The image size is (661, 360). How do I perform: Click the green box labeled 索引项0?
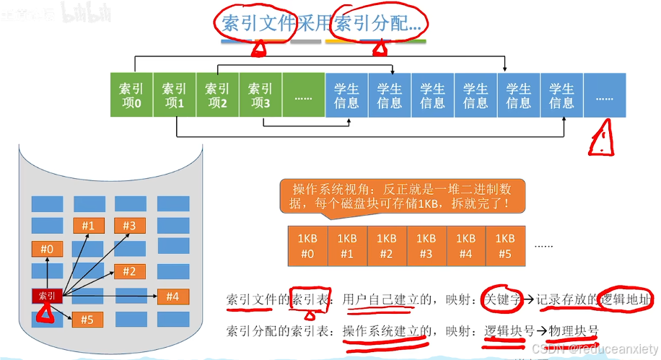(131, 95)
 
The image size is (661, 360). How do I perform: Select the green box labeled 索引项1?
(174, 95)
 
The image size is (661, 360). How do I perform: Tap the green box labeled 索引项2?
(217, 95)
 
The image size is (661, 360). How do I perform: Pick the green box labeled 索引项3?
(260, 95)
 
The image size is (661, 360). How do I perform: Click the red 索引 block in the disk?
(47, 296)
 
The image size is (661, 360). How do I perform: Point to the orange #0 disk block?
(47, 250)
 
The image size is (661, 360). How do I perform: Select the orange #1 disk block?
(88, 226)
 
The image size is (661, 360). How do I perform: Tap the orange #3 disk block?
(129, 226)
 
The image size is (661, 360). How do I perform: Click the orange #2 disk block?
(129, 271)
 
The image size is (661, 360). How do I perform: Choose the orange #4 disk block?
(172, 296)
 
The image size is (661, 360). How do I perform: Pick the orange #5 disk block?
(87, 319)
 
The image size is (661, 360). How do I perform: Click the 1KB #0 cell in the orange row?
(307, 245)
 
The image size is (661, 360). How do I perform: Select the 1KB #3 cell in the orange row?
(426, 245)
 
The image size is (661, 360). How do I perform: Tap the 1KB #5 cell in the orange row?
(505, 245)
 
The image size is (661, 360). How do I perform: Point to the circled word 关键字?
(502, 299)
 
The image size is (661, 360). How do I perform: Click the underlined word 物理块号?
(574, 330)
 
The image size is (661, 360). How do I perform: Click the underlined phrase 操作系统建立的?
(387, 330)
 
